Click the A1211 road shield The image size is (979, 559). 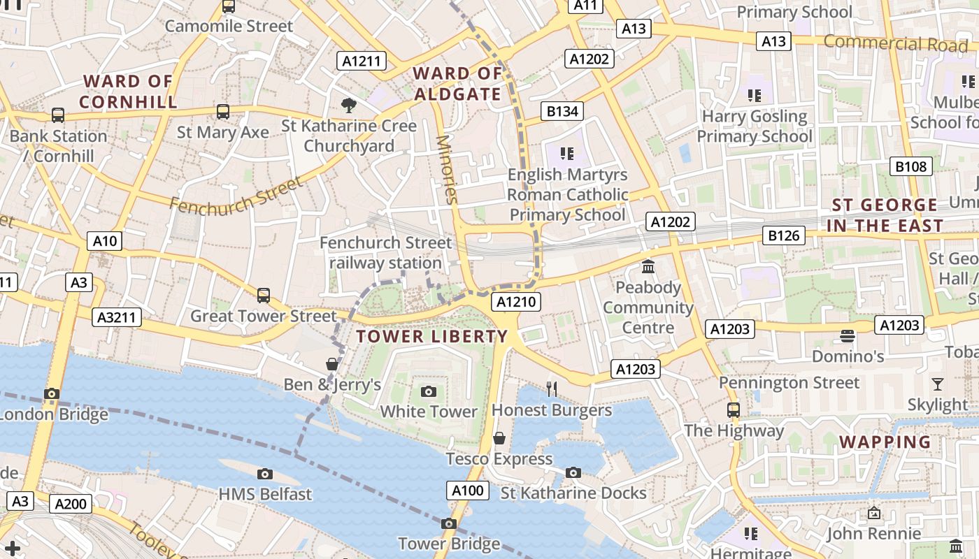(362, 61)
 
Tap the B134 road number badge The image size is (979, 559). (562, 111)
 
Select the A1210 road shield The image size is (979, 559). (516, 302)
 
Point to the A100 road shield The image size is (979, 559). (468, 491)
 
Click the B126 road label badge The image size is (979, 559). (783, 235)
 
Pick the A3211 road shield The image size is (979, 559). (117, 317)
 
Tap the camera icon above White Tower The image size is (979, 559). (429, 391)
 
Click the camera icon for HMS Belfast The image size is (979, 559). (264, 474)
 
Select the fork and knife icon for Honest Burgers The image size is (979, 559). (552, 389)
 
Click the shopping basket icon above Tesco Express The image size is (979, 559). (499, 438)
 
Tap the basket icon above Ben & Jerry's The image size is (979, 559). (332, 364)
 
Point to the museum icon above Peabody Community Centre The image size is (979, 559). (648, 267)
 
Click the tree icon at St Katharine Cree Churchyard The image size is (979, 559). (348, 106)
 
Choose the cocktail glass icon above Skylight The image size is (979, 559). (937, 384)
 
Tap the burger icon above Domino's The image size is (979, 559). (847, 336)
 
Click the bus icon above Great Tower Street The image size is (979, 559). (264, 296)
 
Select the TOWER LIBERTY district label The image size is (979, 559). (431, 336)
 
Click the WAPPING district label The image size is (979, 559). (885, 442)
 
